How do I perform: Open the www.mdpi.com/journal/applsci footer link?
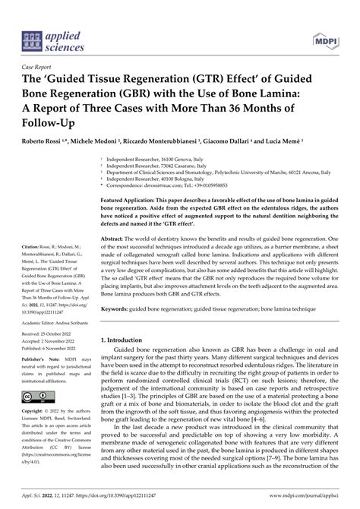[299, 502]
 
